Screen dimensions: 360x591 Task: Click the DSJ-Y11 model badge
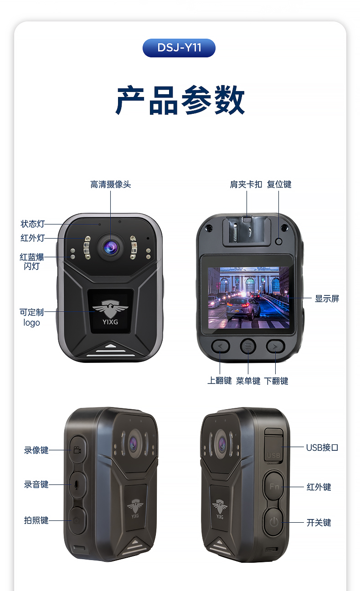(179, 48)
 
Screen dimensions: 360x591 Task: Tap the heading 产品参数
(180, 100)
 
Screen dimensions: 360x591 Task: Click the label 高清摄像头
(111, 184)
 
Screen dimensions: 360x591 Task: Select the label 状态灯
(32, 224)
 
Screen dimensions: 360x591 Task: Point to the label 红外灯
(32, 238)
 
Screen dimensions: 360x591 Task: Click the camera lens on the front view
(111, 248)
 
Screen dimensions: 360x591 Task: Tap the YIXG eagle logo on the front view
(110, 311)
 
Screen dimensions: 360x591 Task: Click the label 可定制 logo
(32, 317)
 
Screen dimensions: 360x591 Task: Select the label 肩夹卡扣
(246, 184)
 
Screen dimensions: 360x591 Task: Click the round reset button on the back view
(278, 241)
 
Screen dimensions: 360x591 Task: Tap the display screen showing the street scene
(248, 298)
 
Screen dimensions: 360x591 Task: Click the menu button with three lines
(248, 346)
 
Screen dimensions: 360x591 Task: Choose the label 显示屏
(327, 299)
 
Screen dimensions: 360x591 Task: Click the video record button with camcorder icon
(77, 449)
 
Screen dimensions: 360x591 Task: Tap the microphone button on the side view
(77, 485)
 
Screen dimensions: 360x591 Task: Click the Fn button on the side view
(274, 485)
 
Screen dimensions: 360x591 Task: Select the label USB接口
(322, 448)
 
